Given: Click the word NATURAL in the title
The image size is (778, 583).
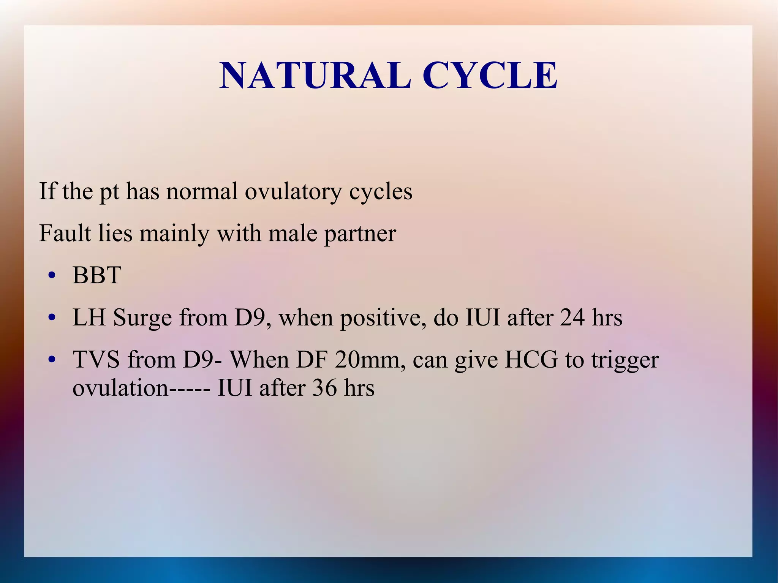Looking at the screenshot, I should coord(315,76).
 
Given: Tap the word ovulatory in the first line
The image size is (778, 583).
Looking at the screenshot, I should coord(293,191).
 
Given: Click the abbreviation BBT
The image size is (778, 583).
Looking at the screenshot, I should coord(96,275).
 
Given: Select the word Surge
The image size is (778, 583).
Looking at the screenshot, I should coord(142,318).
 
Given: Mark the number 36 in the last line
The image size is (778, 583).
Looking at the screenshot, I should coord(324,388).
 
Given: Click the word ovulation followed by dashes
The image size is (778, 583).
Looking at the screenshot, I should coord(120,388).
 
